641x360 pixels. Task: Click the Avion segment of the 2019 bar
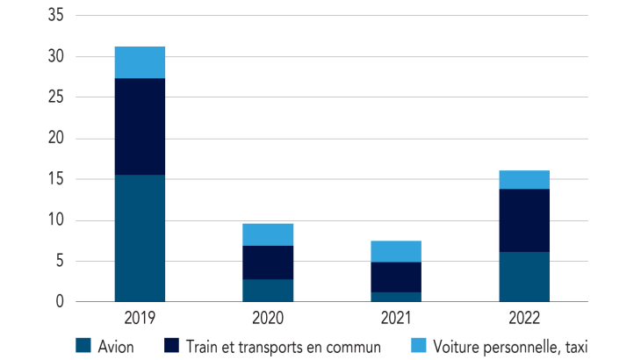point(140,238)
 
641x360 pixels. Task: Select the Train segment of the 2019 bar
point(140,126)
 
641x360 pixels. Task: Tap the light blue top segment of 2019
point(140,62)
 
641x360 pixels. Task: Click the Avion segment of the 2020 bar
point(268,290)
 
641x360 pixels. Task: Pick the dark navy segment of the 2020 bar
point(268,263)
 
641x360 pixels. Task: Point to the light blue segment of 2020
point(268,234)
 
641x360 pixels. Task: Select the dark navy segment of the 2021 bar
point(396,277)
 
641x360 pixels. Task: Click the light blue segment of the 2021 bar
point(396,251)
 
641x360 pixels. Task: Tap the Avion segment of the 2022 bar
point(524,277)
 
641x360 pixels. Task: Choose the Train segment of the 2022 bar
point(524,220)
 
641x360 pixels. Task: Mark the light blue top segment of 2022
point(524,179)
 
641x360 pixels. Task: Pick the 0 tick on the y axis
point(59,302)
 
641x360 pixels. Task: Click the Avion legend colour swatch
point(83,346)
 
